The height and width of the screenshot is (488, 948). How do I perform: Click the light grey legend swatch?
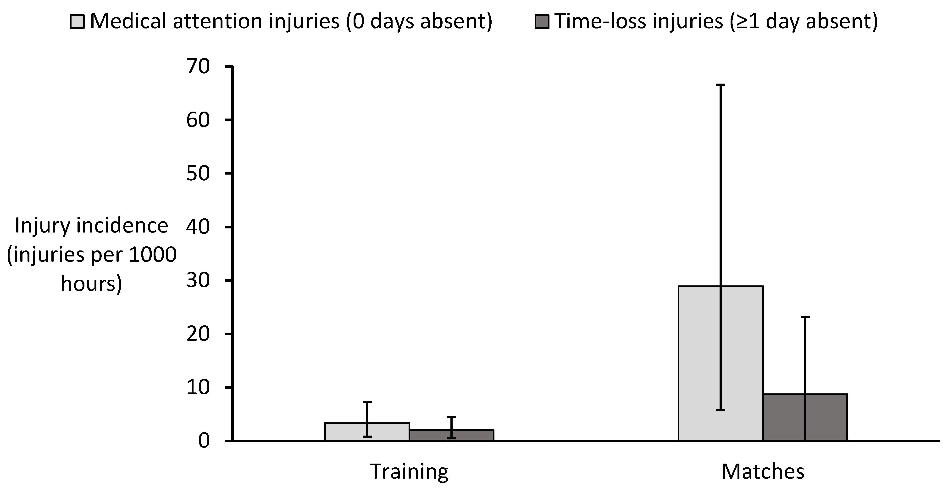tap(77, 22)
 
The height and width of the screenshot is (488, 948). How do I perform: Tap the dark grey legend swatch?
tap(542, 22)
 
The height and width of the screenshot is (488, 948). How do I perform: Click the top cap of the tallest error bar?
tap(720, 85)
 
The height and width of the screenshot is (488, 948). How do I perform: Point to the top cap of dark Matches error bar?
tap(805, 317)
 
